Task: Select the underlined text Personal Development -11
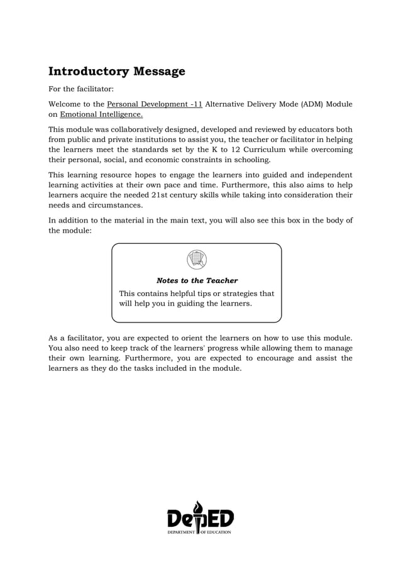(155, 104)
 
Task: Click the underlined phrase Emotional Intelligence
(101, 114)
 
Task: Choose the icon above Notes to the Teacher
(197, 259)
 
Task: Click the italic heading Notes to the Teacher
(197, 280)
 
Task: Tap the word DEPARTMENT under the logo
(182, 532)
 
